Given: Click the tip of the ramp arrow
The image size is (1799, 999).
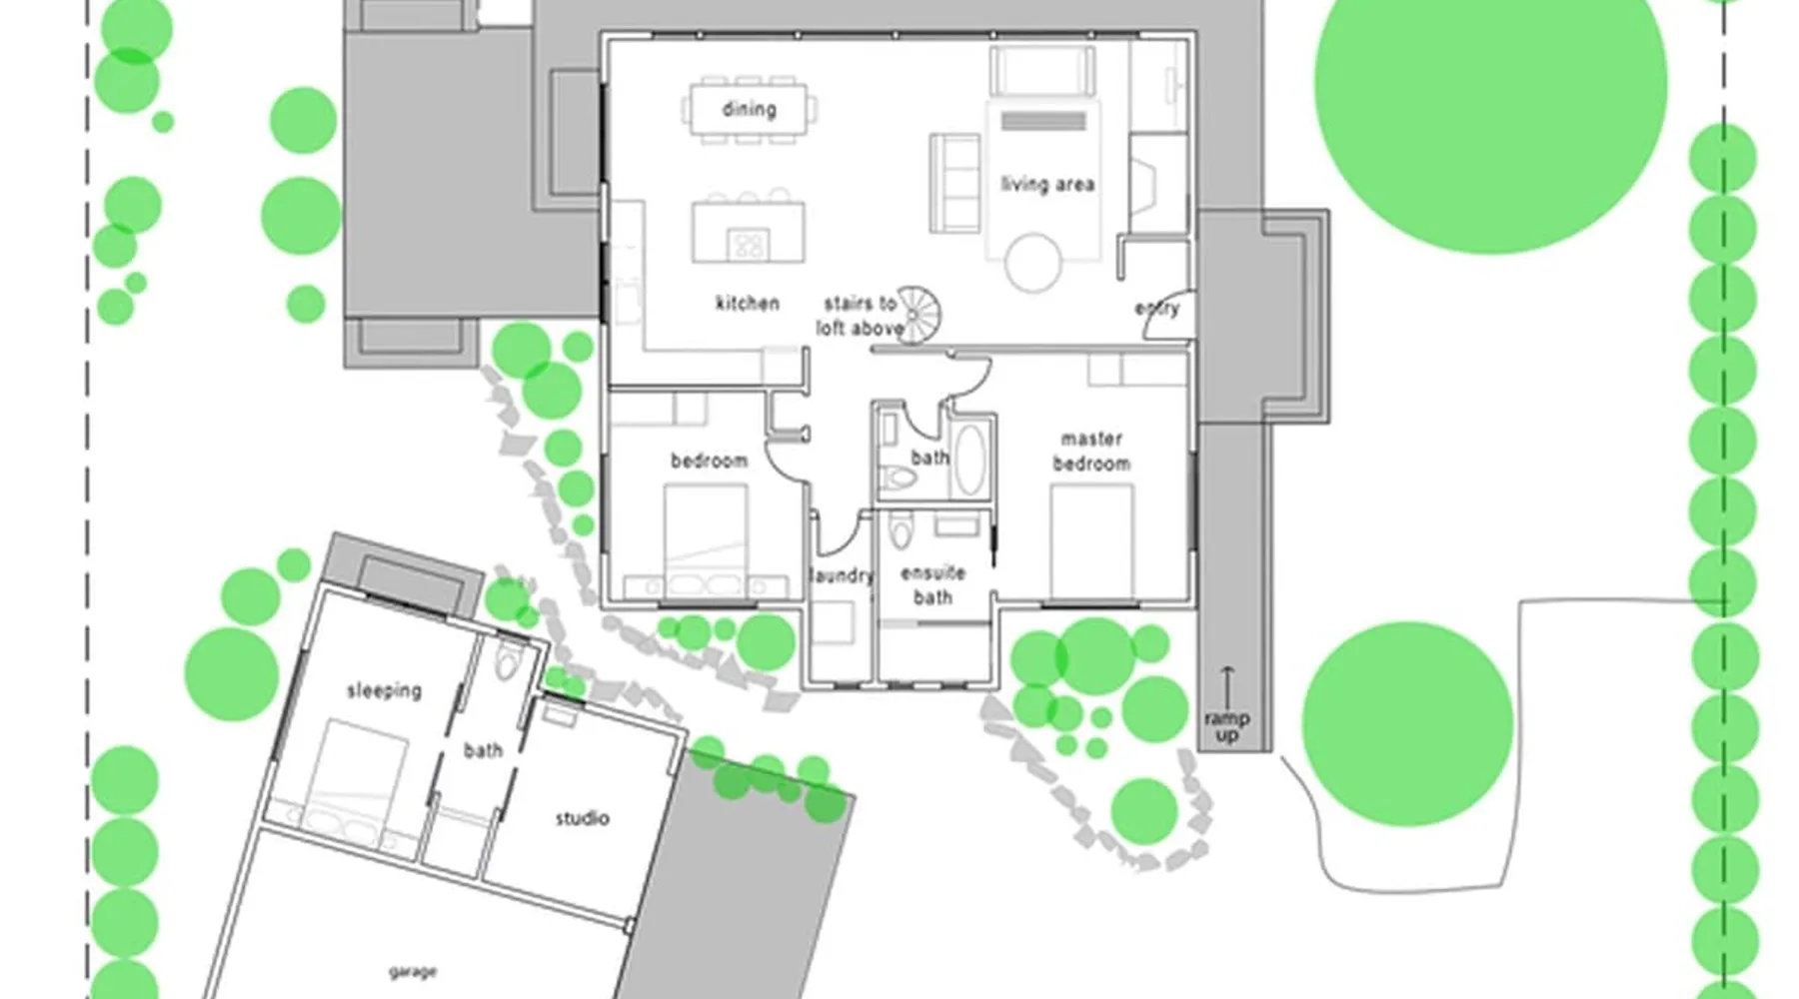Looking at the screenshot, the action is [x=1227, y=666].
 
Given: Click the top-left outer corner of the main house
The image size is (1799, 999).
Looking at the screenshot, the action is [x=601, y=33].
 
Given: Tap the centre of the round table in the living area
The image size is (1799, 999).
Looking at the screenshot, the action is [x=1033, y=262].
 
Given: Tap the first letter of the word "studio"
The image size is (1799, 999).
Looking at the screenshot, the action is [x=560, y=819].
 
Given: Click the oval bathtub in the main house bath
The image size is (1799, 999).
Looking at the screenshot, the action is [x=968, y=459].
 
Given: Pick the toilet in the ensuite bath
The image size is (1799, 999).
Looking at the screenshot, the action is [x=901, y=529].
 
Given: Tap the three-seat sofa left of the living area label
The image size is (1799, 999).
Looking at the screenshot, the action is [x=953, y=184].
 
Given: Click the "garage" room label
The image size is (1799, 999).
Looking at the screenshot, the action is [x=412, y=971].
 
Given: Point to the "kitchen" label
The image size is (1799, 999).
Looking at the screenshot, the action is [x=748, y=303].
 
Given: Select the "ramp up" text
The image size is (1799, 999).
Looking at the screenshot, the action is [x=1226, y=726].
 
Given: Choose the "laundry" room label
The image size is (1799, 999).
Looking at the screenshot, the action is [x=841, y=575].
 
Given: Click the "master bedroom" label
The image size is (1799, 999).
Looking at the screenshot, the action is [x=1091, y=451].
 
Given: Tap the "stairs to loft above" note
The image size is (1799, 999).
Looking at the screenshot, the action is [x=860, y=315].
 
